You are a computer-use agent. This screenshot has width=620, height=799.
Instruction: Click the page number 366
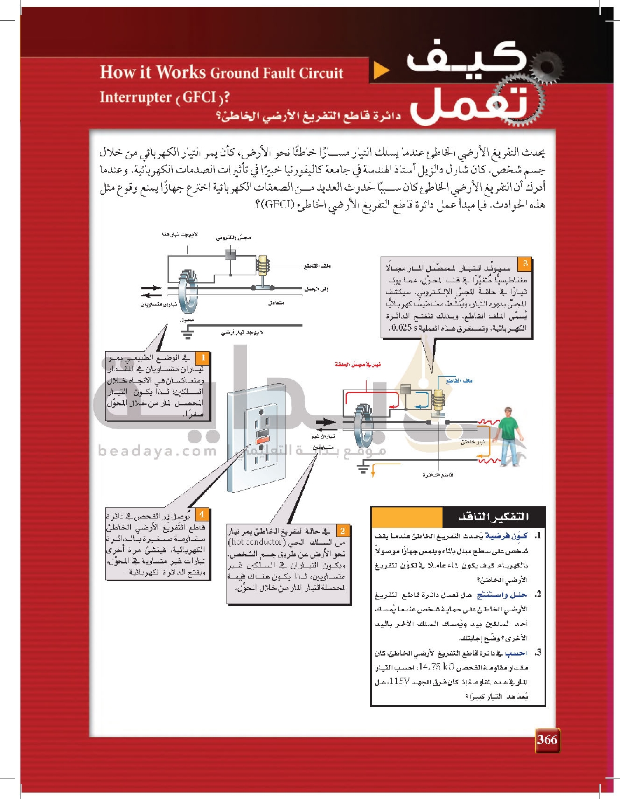click(547, 740)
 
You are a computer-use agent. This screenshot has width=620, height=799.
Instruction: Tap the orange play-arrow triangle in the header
click(381, 71)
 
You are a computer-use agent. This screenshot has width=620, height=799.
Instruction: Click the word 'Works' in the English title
click(181, 72)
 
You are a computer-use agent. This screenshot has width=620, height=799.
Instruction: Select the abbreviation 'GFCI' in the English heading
click(199, 97)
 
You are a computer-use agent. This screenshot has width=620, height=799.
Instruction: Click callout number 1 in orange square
click(202, 358)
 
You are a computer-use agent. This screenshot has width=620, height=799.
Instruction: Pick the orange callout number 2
click(343, 530)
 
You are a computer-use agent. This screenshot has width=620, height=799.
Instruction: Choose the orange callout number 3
click(525, 264)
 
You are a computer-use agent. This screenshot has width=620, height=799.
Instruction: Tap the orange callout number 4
click(201, 514)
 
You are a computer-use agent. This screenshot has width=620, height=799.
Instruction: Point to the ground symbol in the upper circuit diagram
click(187, 333)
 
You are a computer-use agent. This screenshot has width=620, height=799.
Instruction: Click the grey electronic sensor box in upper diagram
click(231, 254)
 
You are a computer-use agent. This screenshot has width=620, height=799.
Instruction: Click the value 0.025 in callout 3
click(403, 328)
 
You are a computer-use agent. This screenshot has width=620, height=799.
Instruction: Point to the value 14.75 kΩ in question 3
click(436, 667)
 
